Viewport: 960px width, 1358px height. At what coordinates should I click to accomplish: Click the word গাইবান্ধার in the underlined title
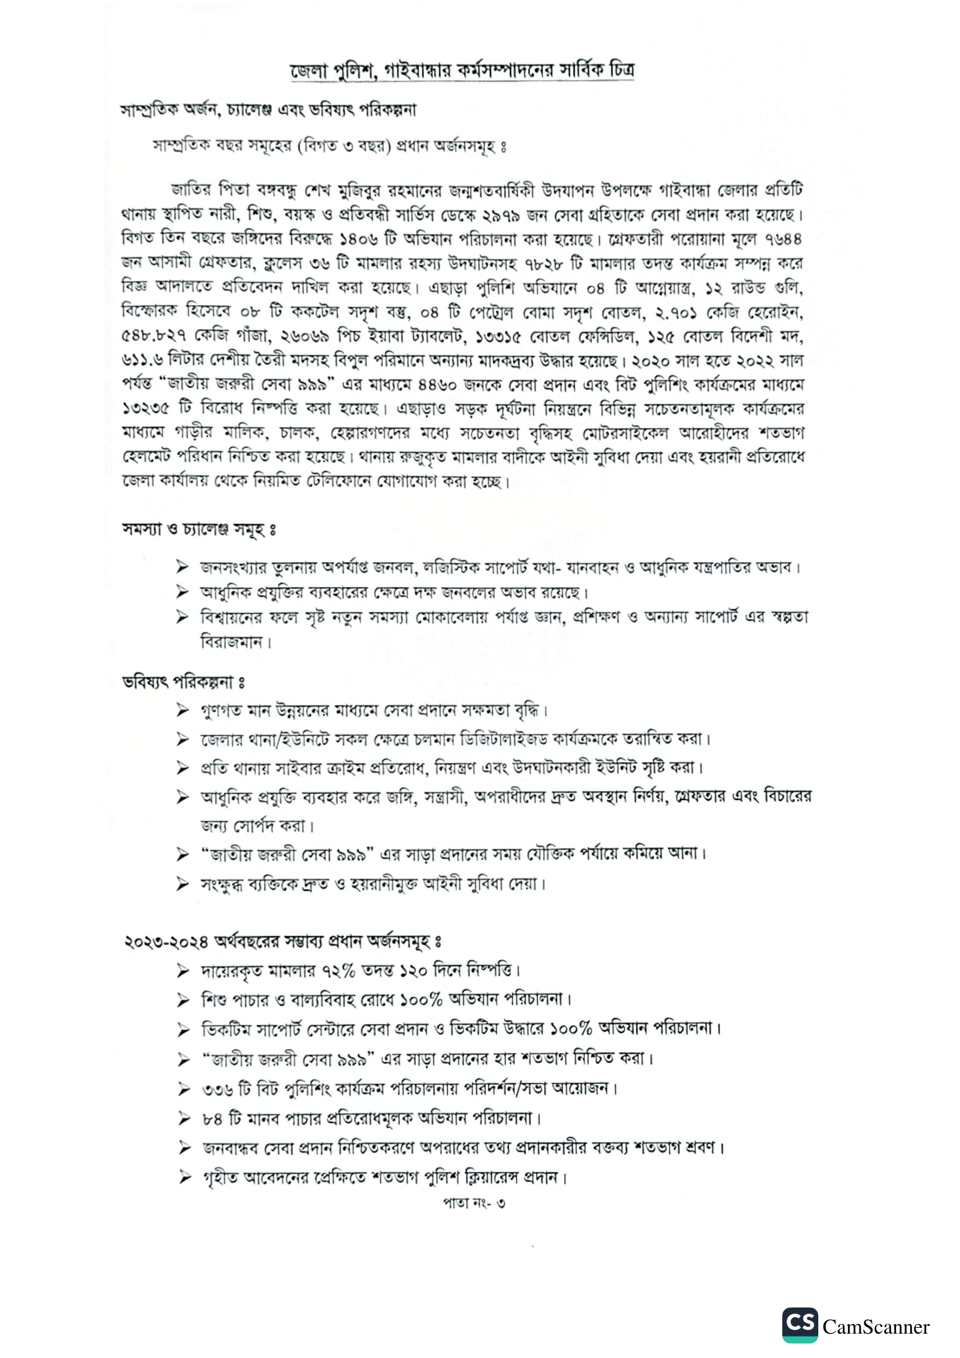coord(418,71)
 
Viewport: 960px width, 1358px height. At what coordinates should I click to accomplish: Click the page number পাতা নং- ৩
coord(474,1202)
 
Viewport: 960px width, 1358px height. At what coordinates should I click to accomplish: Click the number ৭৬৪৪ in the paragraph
coord(783,239)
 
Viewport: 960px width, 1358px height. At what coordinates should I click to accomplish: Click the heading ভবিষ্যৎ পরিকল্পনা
coord(184,683)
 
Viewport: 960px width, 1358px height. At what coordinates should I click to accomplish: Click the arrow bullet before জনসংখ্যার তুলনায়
coord(182,567)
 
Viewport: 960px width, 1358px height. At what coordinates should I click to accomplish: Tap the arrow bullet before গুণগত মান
coord(182,709)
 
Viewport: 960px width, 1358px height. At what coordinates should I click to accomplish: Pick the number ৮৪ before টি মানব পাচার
coord(213,1118)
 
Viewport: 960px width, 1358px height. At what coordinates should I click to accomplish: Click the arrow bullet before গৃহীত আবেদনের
coord(185,1177)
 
